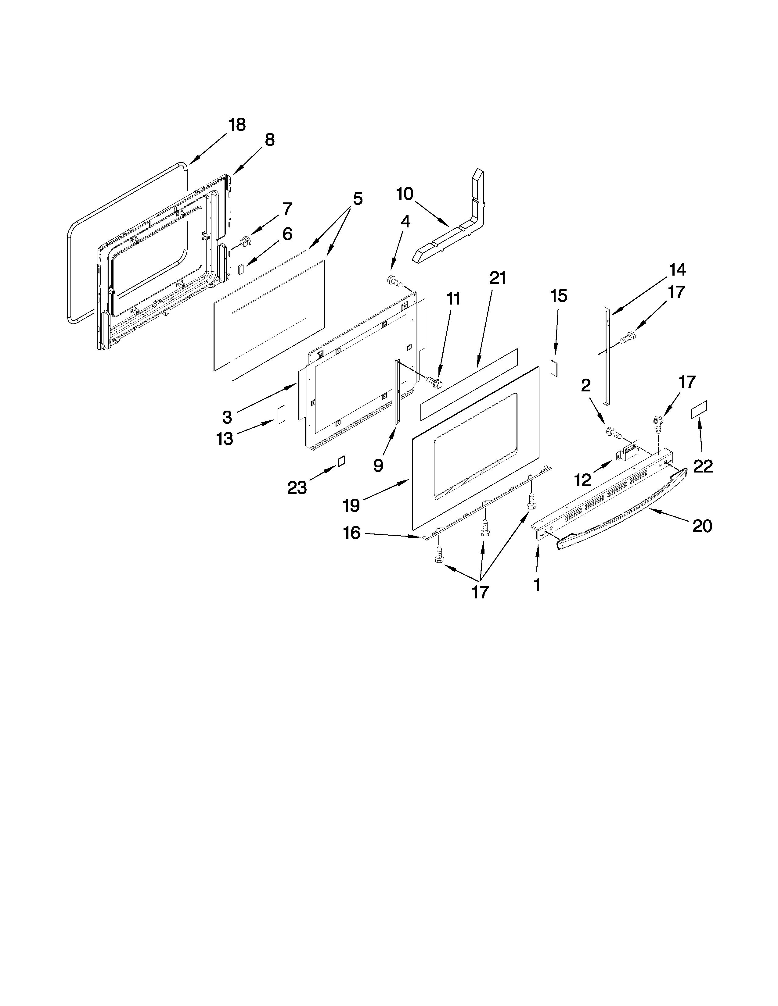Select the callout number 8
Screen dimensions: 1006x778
pyautogui.click(x=270, y=140)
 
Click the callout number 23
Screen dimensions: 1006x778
pyautogui.click(x=297, y=487)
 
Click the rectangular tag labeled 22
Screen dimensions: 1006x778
pyautogui.click(x=699, y=409)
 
